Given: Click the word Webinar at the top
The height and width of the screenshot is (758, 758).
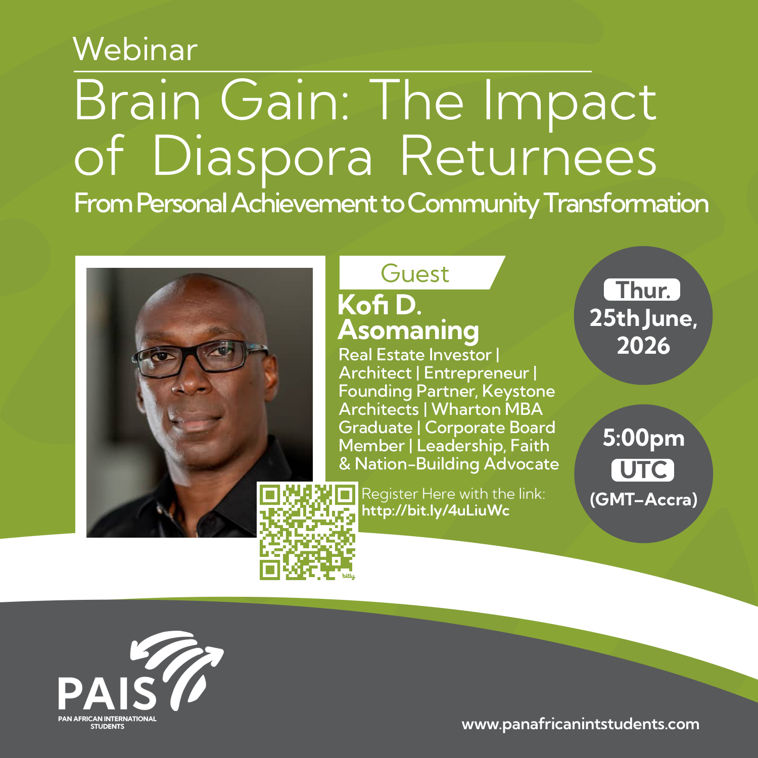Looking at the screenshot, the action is [135, 50].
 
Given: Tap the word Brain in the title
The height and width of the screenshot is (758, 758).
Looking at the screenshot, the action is [137, 101].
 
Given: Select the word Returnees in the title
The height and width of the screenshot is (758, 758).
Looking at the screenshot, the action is [528, 155].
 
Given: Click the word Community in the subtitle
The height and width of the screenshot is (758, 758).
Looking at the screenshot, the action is [473, 204].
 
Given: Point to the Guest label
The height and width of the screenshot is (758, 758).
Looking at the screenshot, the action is [414, 273].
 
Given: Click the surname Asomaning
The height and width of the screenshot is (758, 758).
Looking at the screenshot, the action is [408, 330].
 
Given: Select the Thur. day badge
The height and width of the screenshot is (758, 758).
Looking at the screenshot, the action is [642, 290].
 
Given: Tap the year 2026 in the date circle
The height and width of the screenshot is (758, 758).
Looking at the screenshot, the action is [643, 346].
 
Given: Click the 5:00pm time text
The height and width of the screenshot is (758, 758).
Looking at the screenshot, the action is [643, 438].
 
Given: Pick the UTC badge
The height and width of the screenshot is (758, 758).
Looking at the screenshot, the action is [643, 470].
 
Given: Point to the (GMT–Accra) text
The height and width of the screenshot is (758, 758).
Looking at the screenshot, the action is [643, 499].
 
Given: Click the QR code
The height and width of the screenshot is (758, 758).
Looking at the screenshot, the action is [308, 531].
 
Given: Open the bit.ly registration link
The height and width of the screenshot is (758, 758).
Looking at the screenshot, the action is [436, 510].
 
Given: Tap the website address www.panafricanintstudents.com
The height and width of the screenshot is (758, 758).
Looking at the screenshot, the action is [581, 724].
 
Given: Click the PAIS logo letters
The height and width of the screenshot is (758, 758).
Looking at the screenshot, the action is [108, 693].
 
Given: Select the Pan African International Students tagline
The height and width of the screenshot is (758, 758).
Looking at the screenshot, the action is [107, 722].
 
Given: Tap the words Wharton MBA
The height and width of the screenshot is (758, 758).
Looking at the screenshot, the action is [487, 409].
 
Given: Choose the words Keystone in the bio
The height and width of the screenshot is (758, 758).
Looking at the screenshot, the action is [518, 391].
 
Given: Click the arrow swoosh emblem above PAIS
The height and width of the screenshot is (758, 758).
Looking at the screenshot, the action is [177, 662].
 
